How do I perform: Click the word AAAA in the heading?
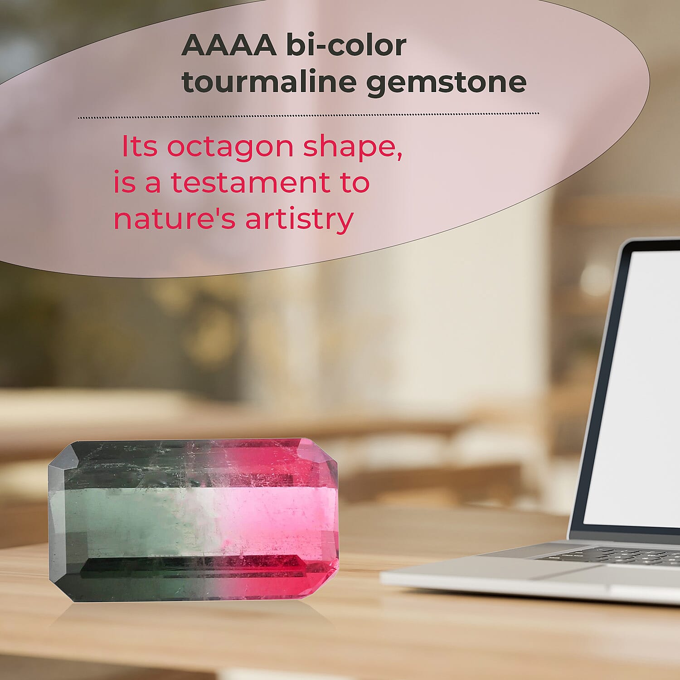[x=229, y=45]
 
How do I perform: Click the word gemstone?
[x=447, y=83]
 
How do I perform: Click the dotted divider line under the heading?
[x=308, y=116]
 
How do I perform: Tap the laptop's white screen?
[x=635, y=385]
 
